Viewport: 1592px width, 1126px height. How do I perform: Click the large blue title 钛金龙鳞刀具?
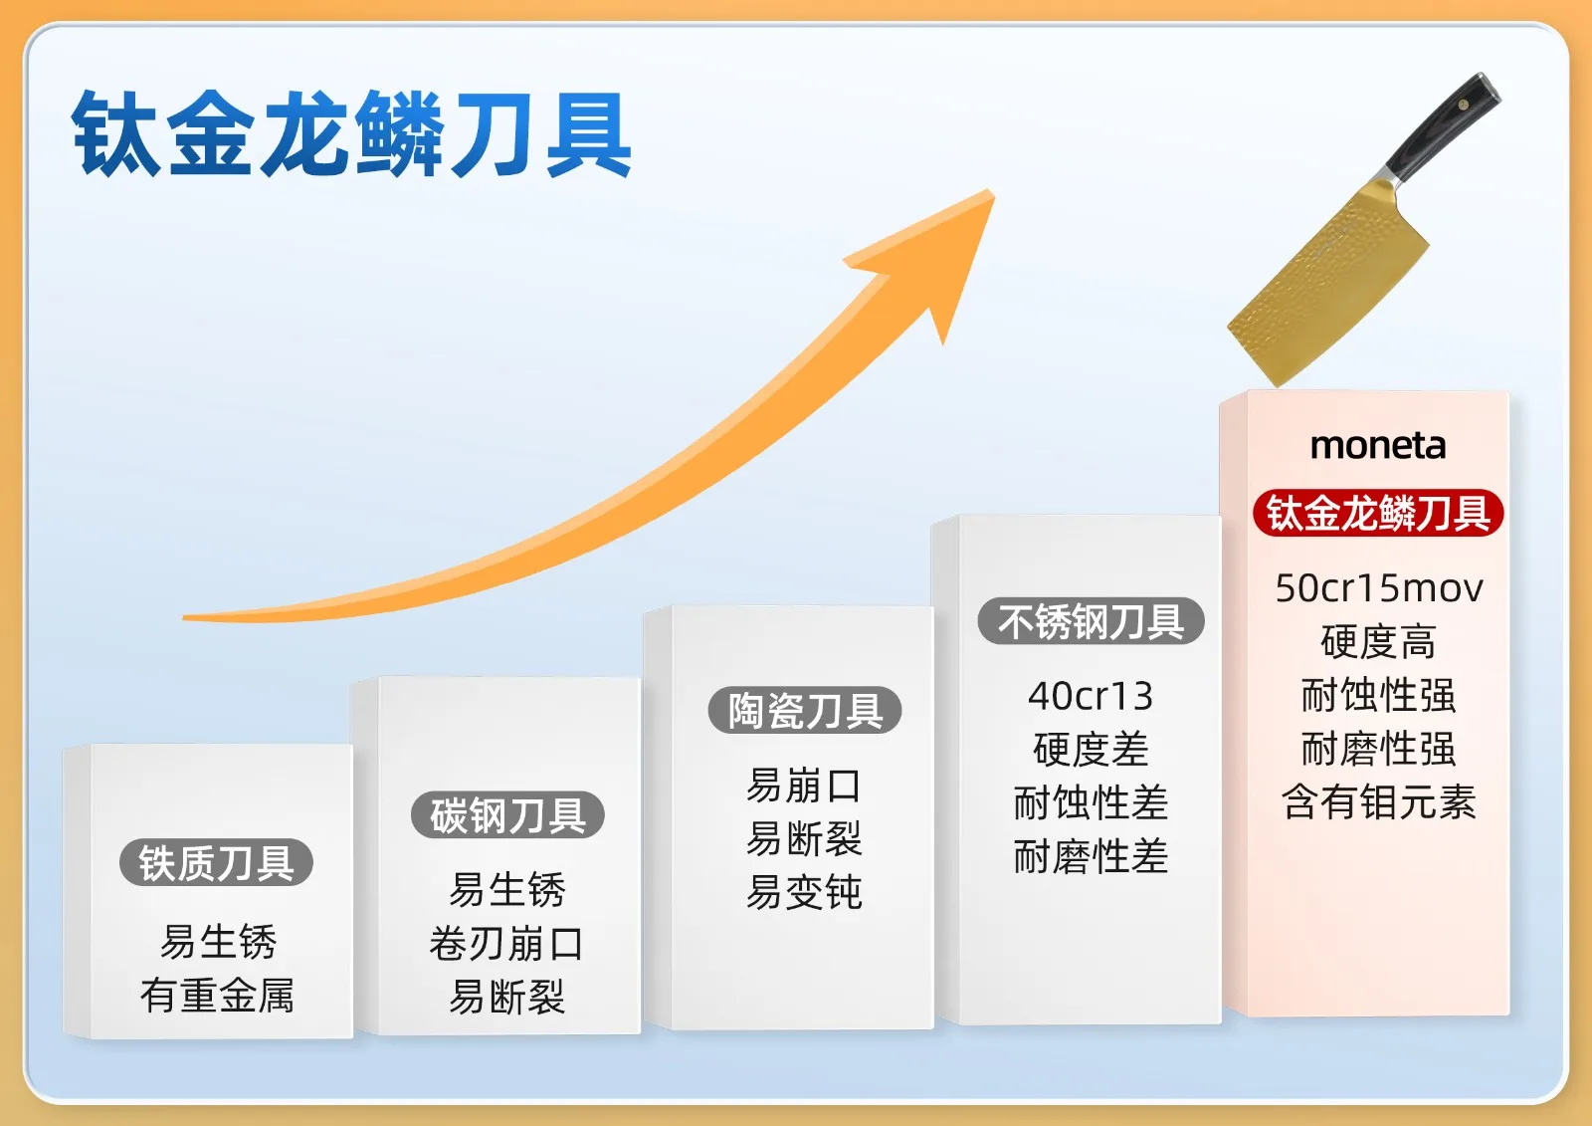pos(352,133)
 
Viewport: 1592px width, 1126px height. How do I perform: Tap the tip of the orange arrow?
pos(993,190)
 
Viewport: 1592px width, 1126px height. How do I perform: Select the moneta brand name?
pos(1377,446)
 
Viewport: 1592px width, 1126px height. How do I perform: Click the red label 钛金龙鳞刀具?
pos(1378,512)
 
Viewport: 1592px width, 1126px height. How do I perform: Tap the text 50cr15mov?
pos(1379,588)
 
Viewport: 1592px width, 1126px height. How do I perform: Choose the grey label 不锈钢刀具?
pos(1091,621)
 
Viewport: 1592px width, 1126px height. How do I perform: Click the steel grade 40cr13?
pos(1091,696)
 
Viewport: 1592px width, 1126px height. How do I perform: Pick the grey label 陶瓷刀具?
pos(805,710)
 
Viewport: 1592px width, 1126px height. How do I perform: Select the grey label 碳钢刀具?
pos(507,814)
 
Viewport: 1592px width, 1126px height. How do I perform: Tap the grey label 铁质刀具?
pos(216,862)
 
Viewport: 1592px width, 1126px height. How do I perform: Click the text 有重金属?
pos(217,995)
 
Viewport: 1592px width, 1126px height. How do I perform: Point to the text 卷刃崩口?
pos(506,944)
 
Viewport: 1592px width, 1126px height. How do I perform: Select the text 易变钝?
pos(804,892)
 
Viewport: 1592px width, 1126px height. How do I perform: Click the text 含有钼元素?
pos(1379,801)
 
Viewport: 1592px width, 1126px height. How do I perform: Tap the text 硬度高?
pos(1378,641)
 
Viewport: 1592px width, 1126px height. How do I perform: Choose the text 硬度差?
pos(1091,749)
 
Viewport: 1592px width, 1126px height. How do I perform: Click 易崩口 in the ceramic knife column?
pos(804,786)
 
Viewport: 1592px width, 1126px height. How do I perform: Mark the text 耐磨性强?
pos(1378,749)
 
